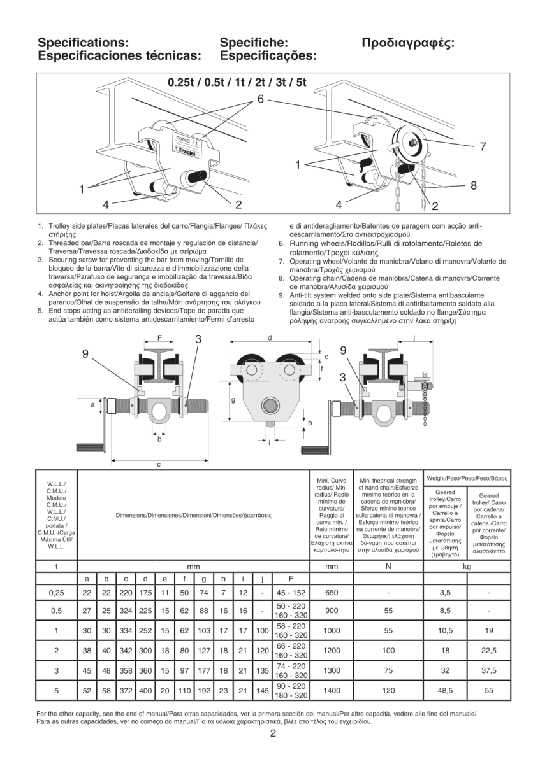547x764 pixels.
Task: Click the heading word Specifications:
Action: tap(84, 43)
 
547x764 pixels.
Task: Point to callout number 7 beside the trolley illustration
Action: tap(483, 146)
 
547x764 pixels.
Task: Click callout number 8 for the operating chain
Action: tap(473, 186)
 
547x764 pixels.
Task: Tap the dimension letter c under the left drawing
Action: tap(159, 464)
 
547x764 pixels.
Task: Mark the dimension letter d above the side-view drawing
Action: tap(270, 337)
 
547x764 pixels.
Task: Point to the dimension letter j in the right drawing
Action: tap(414, 337)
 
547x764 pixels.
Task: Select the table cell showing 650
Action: tap(332, 593)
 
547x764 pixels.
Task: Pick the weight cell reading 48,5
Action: tap(445, 690)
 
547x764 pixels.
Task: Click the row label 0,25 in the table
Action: tap(56, 593)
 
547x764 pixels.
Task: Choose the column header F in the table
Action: tap(291, 579)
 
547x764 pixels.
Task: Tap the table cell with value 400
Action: tap(146, 690)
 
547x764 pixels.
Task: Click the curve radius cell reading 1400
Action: tap(332, 690)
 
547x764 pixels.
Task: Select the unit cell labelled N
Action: tap(388, 565)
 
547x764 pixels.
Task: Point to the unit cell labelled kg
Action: tap(467, 565)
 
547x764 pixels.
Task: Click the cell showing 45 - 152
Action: tap(291, 593)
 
